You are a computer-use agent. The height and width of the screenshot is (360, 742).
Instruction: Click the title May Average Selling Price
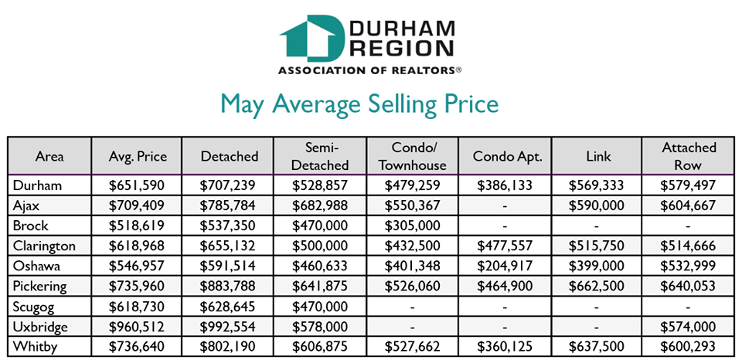(359, 104)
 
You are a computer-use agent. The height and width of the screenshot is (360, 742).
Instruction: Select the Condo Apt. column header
(505, 156)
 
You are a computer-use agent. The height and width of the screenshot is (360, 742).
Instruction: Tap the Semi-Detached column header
(322, 156)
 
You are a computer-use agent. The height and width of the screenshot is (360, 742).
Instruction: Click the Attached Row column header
(688, 156)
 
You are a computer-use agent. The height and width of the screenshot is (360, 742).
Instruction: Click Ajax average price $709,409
(138, 205)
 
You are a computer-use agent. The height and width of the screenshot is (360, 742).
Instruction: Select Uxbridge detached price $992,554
(230, 326)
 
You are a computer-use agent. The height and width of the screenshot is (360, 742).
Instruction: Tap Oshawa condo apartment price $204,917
(505, 266)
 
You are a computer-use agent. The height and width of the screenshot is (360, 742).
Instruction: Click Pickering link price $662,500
(596, 286)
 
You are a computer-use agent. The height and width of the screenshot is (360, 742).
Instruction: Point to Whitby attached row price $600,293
(688, 346)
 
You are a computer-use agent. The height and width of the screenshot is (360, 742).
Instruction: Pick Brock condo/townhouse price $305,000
(414, 226)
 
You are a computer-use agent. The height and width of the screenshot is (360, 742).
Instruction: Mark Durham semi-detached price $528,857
(322, 185)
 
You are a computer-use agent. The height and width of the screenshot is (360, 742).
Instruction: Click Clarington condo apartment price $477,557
(505, 246)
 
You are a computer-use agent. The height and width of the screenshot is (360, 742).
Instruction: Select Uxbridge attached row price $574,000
(688, 326)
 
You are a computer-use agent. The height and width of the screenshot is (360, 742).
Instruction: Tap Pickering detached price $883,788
(230, 286)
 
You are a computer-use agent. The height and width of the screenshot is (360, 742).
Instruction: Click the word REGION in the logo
(401, 49)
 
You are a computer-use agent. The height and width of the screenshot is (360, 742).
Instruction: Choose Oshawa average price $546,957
(138, 266)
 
